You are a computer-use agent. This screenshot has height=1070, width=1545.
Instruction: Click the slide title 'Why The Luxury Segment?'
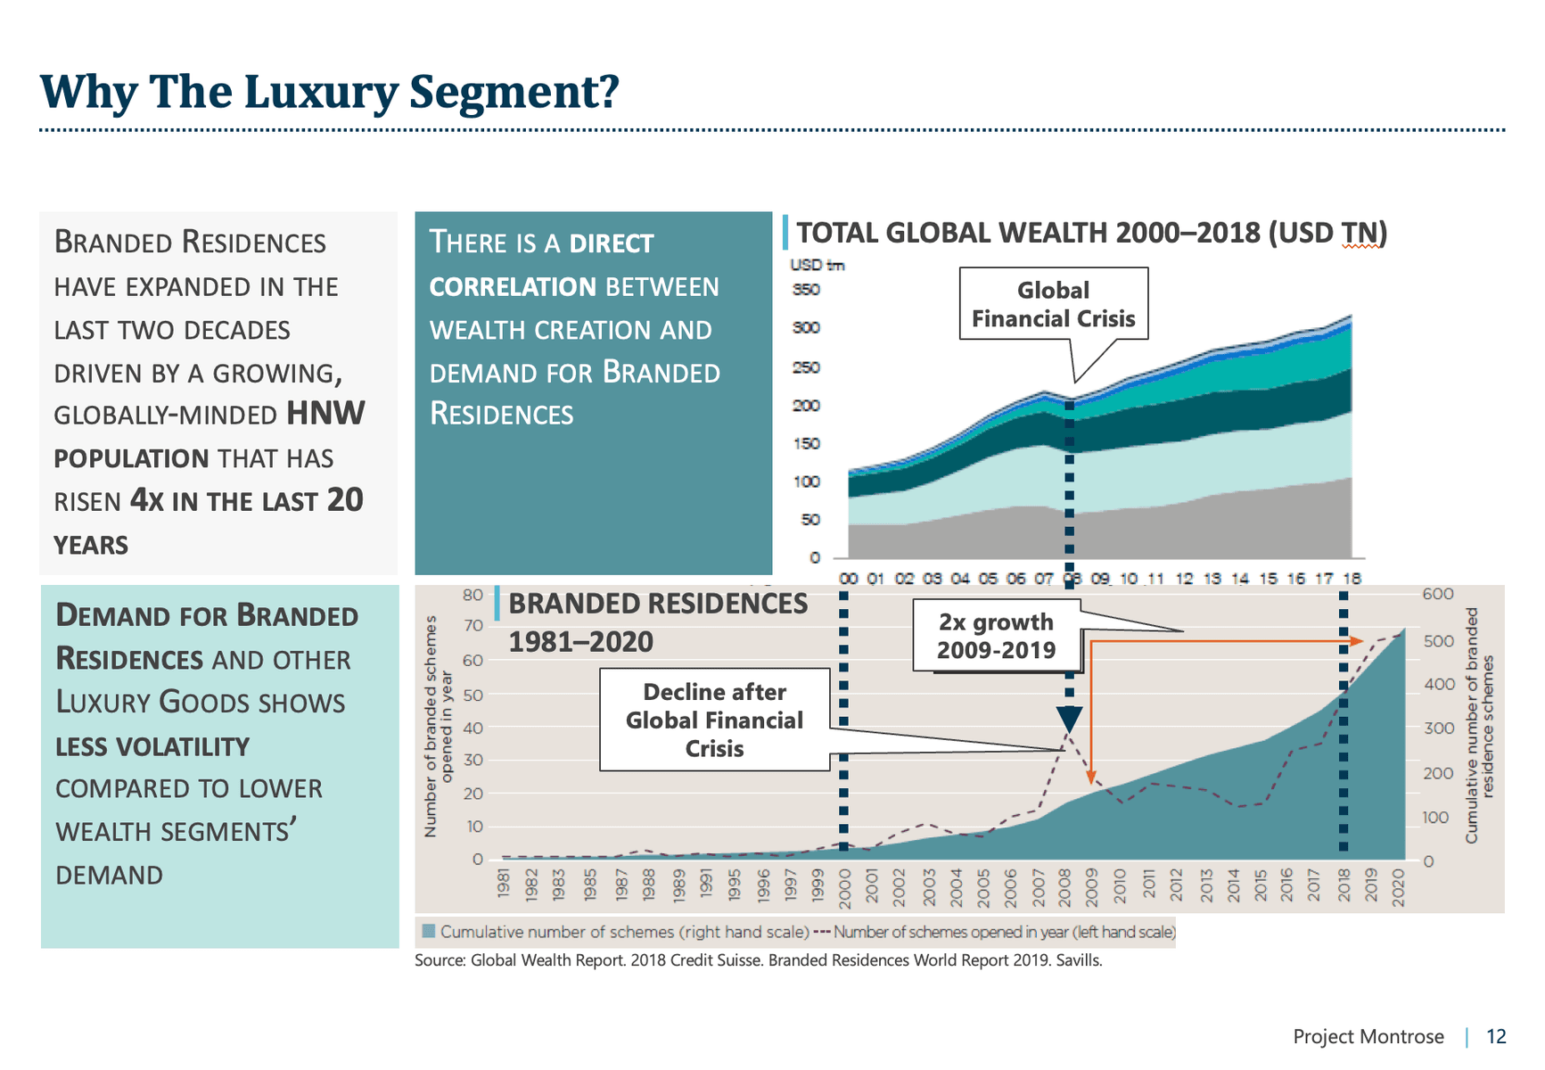pyautogui.click(x=329, y=92)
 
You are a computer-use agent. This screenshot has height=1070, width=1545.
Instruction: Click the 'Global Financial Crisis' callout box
pyautogui.click(x=1053, y=304)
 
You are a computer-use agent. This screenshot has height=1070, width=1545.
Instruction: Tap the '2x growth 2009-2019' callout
pyautogui.click(x=996, y=636)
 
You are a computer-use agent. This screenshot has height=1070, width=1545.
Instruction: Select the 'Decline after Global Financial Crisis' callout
pyautogui.click(x=714, y=720)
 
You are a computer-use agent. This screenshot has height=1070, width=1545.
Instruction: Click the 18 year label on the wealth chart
pyautogui.click(x=1352, y=579)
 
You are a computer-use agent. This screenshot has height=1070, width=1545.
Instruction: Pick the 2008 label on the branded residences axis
pyautogui.click(x=1064, y=886)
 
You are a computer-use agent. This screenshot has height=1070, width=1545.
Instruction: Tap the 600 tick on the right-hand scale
pyautogui.click(x=1437, y=594)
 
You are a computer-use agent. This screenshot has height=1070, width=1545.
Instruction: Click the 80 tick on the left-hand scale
pyautogui.click(x=473, y=595)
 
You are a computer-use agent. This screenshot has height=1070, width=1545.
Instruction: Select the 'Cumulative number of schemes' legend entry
pyautogui.click(x=615, y=932)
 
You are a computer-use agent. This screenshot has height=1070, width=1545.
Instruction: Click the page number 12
pyautogui.click(x=1496, y=1036)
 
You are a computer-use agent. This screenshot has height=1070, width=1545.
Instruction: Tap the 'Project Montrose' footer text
pyautogui.click(x=1368, y=1036)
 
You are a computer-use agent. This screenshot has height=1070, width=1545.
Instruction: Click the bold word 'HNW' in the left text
pyautogui.click(x=325, y=414)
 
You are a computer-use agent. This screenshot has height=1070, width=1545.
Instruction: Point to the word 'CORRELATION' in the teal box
pyautogui.click(x=513, y=287)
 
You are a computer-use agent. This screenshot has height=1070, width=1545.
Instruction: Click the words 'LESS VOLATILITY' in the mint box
pyautogui.click(x=152, y=746)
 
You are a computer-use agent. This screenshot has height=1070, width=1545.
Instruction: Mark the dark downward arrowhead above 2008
pyautogui.click(x=1069, y=719)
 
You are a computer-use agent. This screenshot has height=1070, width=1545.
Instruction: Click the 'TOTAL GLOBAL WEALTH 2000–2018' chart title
pyautogui.click(x=1091, y=233)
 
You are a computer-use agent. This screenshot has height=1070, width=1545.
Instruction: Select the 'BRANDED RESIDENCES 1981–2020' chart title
pyautogui.click(x=658, y=622)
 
